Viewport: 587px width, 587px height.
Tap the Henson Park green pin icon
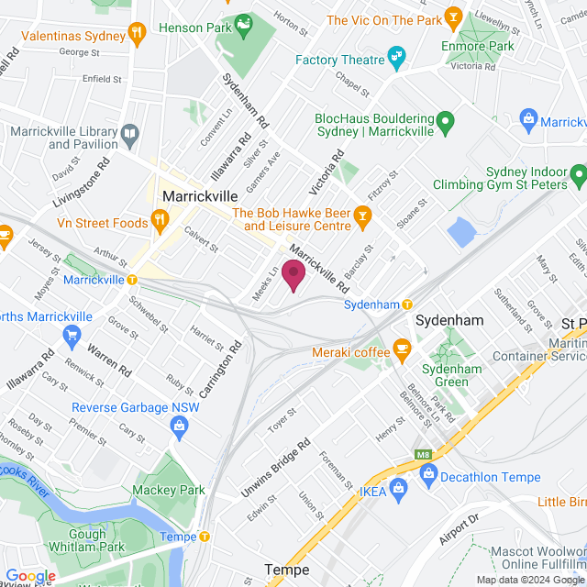click(244, 23)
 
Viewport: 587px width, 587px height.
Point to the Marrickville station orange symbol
click(132, 279)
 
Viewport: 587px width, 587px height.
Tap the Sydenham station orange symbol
click(406, 304)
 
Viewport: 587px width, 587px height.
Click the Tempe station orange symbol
click(204, 537)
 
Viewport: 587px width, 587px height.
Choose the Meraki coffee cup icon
click(401, 349)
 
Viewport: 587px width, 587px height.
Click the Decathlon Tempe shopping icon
click(426, 473)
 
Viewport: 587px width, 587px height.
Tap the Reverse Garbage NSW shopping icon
click(179, 424)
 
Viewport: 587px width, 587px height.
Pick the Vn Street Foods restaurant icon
click(160, 217)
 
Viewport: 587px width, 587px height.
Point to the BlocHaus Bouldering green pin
click(445, 120)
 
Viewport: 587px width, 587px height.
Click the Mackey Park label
click(169, 491)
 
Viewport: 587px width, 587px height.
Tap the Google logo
click(30, 576)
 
